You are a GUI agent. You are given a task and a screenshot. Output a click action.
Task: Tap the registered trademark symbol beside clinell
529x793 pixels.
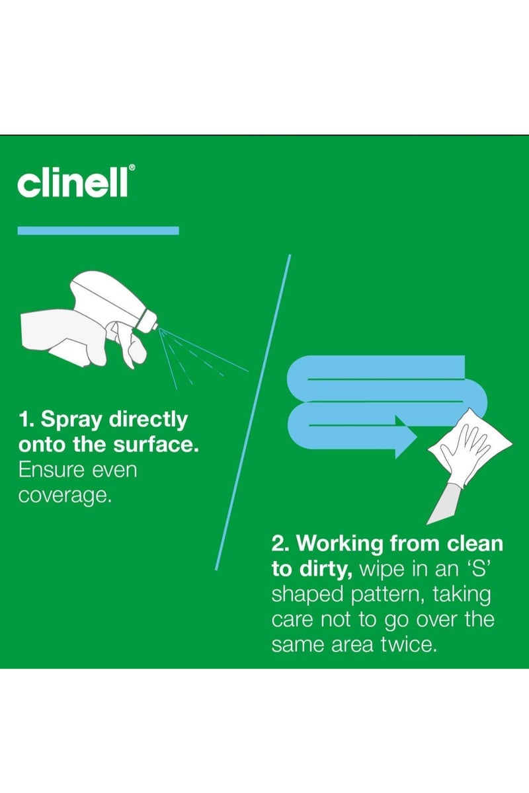tap(132, 167)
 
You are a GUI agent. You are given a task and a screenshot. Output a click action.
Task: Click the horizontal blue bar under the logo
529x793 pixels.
tap(98, 231)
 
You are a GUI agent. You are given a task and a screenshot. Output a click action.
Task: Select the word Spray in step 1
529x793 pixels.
tap(71, 420)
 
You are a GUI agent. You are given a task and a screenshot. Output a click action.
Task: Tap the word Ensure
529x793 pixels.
tap(52, 470)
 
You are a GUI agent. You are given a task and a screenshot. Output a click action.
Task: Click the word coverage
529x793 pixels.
tap(65, 496)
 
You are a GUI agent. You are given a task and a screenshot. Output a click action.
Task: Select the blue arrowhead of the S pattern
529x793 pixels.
tap(406, 437)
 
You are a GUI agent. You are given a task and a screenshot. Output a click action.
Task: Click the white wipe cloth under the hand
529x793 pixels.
tap(469, 447)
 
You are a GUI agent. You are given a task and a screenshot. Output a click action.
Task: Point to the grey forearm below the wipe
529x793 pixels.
tap(444, 504)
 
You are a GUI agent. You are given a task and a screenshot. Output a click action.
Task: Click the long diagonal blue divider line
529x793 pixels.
tap(253, 412)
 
